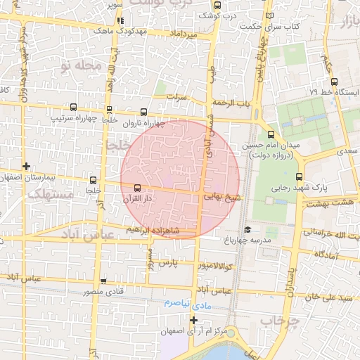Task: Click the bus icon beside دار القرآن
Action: pyautogui.click(x=137, y=188)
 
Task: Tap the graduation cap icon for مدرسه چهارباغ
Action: pyautogui.click(x=247, y=229)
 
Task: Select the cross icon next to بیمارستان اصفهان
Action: pyautogui.click(x=26, y=167)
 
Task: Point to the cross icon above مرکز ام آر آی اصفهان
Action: pyautogui.click(x=194, y=320)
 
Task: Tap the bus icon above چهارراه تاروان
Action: pyautogui.click(x=145, y=111)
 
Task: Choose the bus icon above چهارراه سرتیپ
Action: pyautogui.click(x=74, y=108)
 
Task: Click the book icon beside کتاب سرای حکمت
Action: pyautogui.click(x=271, y=15)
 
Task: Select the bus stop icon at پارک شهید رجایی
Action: pyautogui.click(x=299, y=176)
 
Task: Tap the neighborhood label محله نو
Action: pyautogui.click(x=82, y=65)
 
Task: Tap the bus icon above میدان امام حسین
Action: pyautogui.click(x=271, y=135)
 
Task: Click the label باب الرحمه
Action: pyautogui.click(x=233, y=103)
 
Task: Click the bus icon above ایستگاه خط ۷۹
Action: pyautogui.click(x=335, y=81)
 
